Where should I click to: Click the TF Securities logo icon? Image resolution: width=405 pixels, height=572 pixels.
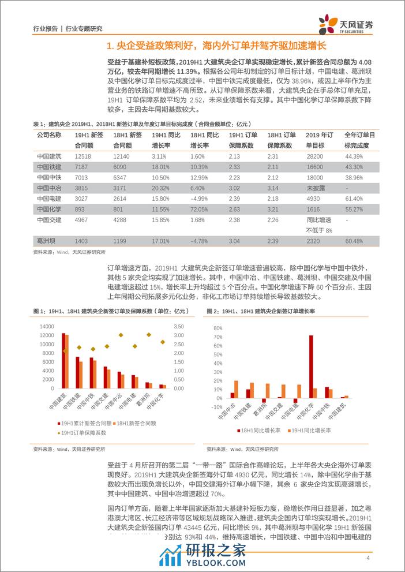click(330, 24)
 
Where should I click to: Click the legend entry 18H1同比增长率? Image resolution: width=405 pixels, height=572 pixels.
click(260, 430)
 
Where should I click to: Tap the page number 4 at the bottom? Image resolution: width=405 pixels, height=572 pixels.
click(368, 558)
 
